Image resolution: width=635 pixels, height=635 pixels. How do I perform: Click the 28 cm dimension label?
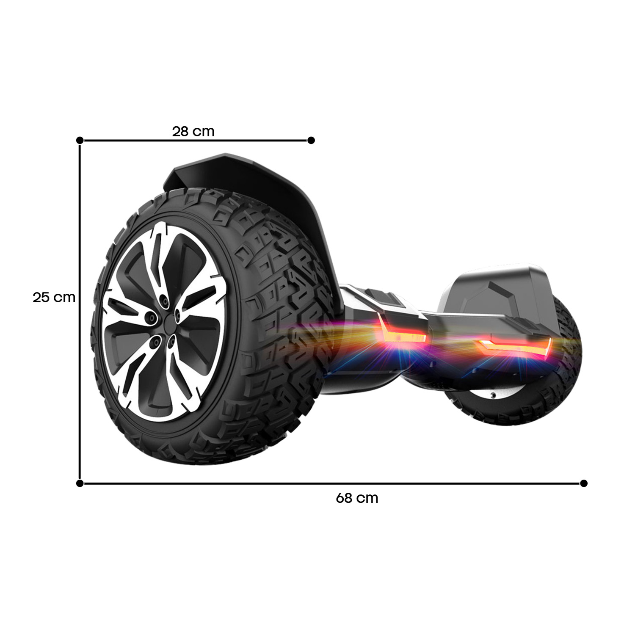pos(193,131)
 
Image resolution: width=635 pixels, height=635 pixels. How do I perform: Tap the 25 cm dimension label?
pos(54,297)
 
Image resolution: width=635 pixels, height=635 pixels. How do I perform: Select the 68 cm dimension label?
pos(357,498)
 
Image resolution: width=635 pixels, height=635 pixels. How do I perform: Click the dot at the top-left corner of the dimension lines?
pos(80,140)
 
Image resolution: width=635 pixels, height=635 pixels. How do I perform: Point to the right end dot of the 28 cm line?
pos(311,140)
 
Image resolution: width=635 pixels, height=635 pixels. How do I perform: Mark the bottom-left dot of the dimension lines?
pos(80,483)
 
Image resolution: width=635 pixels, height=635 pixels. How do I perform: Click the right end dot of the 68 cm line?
pos(584,483)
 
